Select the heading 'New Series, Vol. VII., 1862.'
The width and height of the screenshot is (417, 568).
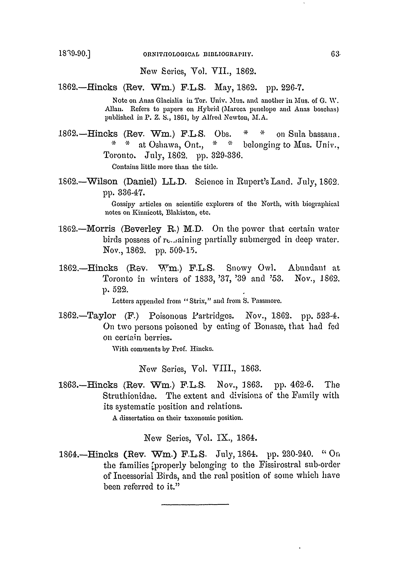[x=198, y=72]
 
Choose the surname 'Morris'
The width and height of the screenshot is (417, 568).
[x=101, y=229]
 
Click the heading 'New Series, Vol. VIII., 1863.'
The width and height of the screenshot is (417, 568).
[x=200, y=369]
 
